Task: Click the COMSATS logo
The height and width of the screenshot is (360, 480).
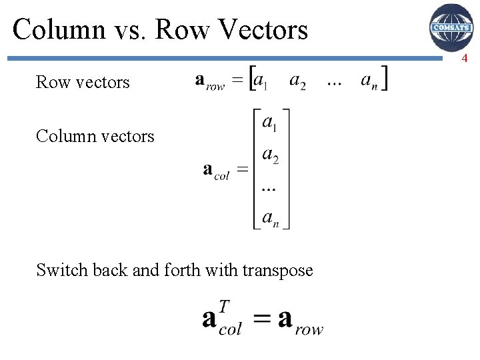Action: coord(451,27)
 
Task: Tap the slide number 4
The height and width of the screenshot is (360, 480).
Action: coord(465,59)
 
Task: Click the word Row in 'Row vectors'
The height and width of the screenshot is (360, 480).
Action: coord(53,82)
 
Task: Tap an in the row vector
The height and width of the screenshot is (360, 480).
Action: coord(369,81)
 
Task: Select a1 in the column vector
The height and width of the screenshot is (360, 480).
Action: coord(270,123)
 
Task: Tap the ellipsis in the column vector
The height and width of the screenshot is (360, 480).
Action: coord(268,189)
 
